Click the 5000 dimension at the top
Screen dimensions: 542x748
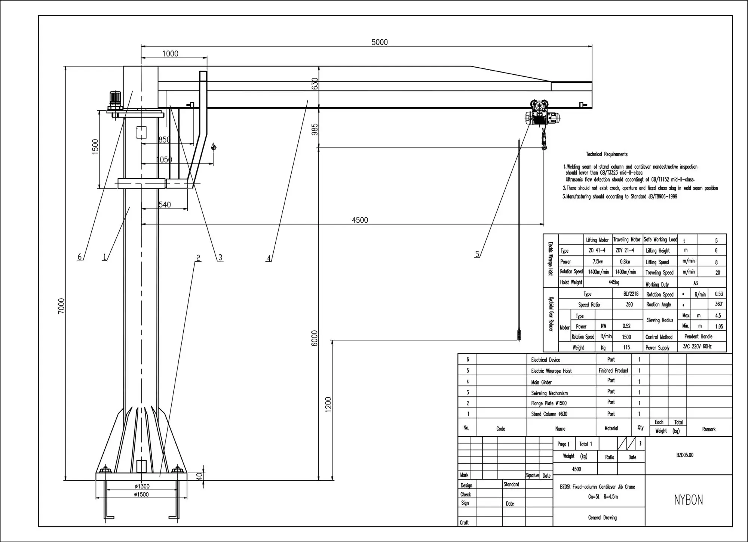pyautogui.click(x=379, y=42)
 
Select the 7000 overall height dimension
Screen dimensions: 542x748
pyautogui.click(x=61, y=306)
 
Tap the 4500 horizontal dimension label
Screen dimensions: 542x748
pyautogui.click(x=360, y=220)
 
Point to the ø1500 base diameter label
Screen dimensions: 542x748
pyautogui.click(x=141, y=495)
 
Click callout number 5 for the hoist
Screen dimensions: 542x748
pyautogui.click(x=477, y=254)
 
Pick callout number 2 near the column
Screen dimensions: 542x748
pyautogui.click(x=198, y=258)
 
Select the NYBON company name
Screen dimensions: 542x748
pyautogui.click(x=688, y=500)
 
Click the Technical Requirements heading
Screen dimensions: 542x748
pyautogui.click(x=607, y=154)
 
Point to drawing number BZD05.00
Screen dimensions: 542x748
pyautogui.click(x=685, y=455)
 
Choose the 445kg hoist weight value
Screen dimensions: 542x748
pyautogui.click(x=614, y=282)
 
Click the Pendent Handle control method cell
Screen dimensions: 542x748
pyautogui.click(x=698, y=336)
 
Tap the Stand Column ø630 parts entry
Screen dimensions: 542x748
pyautogui.click(x=549, y=414)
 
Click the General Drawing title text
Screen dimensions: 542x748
pyautogui.click(x=602, y=518)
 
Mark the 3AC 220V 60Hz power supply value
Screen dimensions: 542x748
pyautogui.click(x=697, y=347)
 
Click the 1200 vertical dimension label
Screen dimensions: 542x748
pyautogui.click(x=328, y=404)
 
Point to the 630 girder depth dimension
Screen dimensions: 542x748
pyautogui.click(x=315, y=83)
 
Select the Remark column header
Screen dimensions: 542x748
pyautogui.click(x=708, y=429)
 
